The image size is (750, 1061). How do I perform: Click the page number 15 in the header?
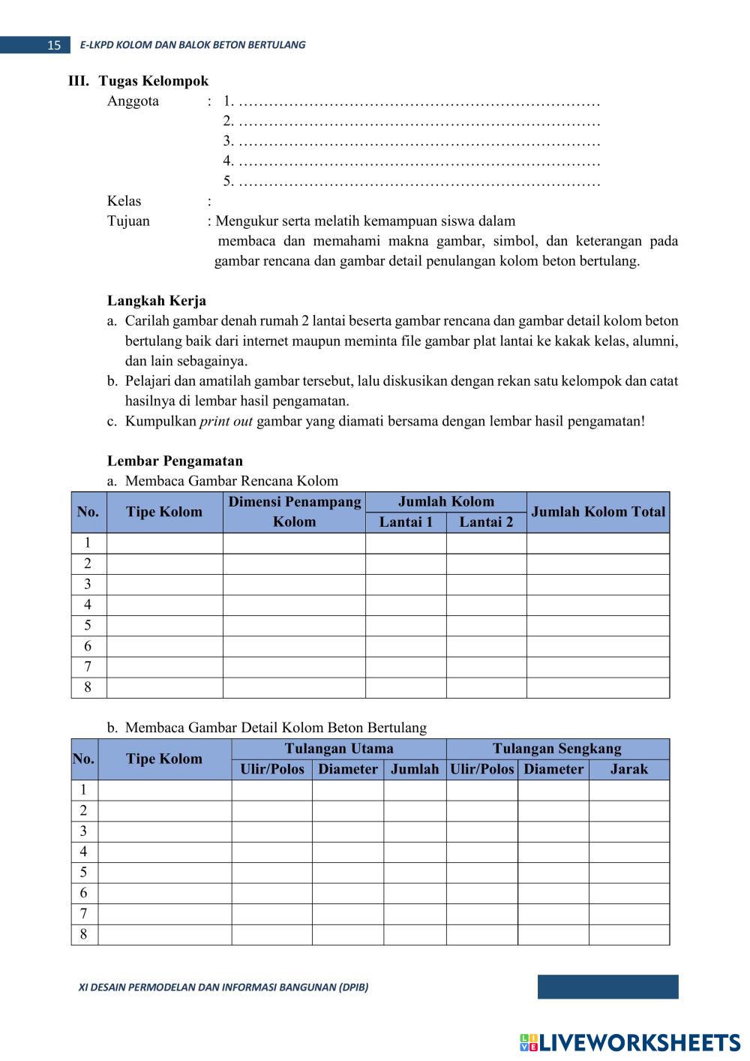[x=53, y=45]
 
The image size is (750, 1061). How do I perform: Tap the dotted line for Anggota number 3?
[x=418, y=141]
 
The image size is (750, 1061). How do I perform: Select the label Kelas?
[x=124, y=201]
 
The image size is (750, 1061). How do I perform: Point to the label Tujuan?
[x=128, y=221]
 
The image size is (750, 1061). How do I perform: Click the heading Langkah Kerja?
[x=156, y=302]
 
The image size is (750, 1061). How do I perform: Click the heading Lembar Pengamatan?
[x=175, y=461]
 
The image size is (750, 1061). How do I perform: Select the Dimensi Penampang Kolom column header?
[x=294, y=512]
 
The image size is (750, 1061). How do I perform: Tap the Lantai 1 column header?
[x=406, y=522]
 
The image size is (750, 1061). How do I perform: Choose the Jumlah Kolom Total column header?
[x=598, y=512]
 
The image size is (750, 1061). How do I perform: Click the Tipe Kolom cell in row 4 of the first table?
[x=164, y=605]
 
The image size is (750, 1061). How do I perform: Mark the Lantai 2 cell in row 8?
[x=486, y=687]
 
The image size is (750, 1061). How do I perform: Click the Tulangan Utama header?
[x=338, y=749]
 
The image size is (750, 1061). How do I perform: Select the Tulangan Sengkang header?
[x=556, y=749]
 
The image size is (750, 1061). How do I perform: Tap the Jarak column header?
[x=628, y=769]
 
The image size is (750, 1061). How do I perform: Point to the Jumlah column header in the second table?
[x=415, y=769]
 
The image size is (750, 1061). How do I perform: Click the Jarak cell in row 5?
[x=628, y=873]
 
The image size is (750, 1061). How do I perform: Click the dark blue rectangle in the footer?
[x=607, y=987]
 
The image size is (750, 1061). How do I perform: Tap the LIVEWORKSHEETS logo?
[x=630, y=1042]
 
